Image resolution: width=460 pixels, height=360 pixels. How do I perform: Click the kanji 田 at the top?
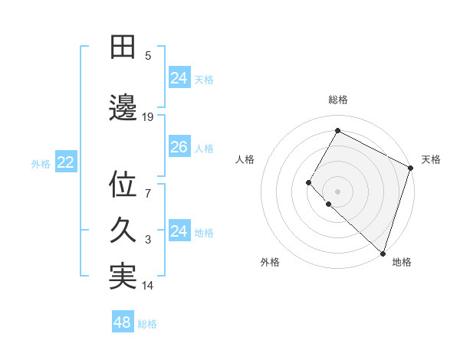(123, 47)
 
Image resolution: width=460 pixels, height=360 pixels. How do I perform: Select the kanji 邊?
(123, 108)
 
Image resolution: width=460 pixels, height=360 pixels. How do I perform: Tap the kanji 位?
(123, 185)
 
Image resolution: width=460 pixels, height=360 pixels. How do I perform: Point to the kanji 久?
(123, 231)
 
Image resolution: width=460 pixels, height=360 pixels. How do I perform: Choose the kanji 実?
(123, 277)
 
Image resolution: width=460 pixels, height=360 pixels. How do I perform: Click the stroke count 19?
(148, 117)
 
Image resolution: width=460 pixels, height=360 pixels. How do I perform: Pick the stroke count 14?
(148, 286)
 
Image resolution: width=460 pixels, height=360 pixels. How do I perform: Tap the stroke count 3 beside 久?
(149, 240)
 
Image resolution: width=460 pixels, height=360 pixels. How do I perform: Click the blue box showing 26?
(179, 147)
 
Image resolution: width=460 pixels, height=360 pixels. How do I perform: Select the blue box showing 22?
(65, 162)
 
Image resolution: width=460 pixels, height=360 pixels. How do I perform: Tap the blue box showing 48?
(122, 322)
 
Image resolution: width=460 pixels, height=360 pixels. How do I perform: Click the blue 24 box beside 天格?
(179, 78)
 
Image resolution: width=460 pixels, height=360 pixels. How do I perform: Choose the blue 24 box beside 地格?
(179, 231)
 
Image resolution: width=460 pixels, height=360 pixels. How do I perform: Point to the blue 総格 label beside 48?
(147, 324)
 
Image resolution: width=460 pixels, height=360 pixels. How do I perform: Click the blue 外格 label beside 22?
(41, 163)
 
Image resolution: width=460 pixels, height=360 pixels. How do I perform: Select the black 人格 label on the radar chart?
(245, 159)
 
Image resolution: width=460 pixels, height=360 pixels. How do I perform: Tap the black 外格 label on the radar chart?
(269, 262)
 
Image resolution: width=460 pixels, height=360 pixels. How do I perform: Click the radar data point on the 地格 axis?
(383, 253)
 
